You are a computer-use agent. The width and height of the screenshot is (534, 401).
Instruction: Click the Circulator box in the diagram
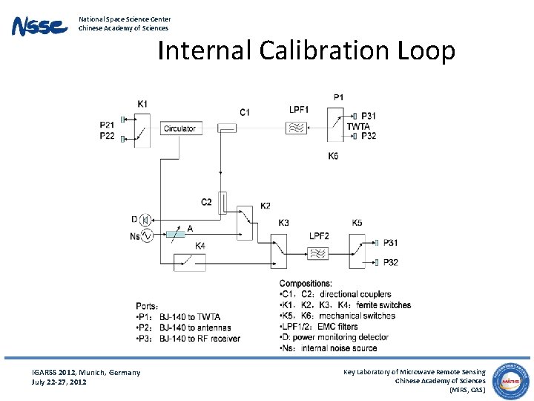(179, 128)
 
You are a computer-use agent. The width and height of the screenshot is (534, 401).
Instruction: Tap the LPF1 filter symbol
(296, 128)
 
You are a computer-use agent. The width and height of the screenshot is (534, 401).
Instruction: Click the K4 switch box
(188, 262)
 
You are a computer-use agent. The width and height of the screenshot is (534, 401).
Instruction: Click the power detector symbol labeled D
(145, 219)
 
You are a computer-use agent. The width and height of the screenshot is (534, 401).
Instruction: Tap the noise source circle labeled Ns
(146, 235)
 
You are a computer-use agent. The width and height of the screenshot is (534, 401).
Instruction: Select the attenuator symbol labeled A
(175, 235)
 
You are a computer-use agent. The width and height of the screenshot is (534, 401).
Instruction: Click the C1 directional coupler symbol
(226, 128)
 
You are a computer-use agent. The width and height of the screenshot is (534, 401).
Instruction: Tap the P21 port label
(108, 125)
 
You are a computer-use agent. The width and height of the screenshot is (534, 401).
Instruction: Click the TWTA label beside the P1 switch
(358, 127)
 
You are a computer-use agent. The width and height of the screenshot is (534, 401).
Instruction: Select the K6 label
(334, 156)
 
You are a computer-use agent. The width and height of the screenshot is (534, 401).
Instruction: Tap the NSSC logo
(39, 27)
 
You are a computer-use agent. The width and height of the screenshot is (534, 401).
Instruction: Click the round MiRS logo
(512, 378)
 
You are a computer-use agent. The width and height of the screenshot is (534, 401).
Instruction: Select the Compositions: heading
(306, 284)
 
